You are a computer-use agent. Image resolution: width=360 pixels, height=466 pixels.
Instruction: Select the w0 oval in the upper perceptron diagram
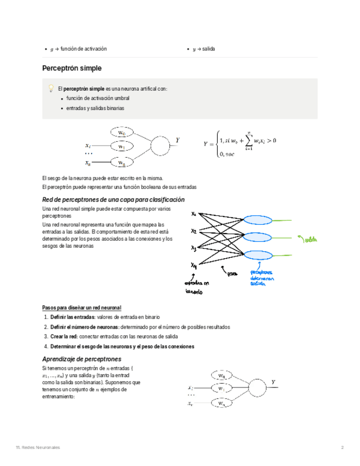122,132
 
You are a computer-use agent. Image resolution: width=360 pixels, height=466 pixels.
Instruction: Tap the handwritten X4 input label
194,266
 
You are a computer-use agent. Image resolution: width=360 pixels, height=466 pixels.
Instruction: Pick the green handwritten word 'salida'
312,239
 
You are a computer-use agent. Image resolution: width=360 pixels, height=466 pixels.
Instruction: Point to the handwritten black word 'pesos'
232,273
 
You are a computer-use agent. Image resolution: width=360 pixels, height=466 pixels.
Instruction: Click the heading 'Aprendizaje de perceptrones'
82,359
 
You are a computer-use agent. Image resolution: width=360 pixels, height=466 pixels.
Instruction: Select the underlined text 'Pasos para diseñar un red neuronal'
82,308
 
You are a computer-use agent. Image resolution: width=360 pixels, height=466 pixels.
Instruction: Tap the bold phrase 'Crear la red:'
64,336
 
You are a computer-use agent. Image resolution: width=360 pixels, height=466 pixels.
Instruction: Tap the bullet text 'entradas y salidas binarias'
95,108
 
